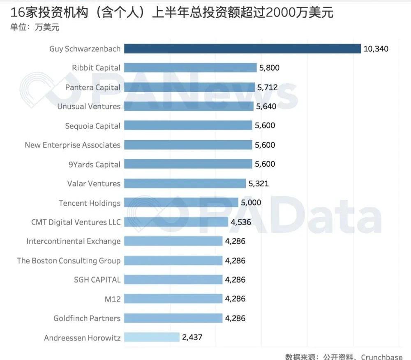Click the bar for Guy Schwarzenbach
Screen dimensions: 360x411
coord(242,49)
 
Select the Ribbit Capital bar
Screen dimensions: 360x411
coord(190,68)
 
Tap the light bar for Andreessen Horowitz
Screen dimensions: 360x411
coord(152,337)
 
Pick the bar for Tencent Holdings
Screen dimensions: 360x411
coord(181,203)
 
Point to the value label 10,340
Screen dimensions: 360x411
coord(376,49)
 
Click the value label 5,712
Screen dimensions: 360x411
coord(267,87)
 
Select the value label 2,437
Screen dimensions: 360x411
coord(192,337)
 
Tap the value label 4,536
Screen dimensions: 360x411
coord(241,222)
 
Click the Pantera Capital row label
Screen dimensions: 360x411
coord(93,87)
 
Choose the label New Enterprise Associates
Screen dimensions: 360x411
coord(73,145)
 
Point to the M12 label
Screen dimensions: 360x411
coord(113,299)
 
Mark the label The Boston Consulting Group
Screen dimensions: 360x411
coord(69,260)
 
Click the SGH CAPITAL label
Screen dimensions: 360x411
coord(97,280)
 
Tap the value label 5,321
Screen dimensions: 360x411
coord(259,183)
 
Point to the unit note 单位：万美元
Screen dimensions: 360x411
coord(35,28)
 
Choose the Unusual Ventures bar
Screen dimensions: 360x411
coord(189,107)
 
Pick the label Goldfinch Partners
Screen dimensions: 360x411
coord(87,318)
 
